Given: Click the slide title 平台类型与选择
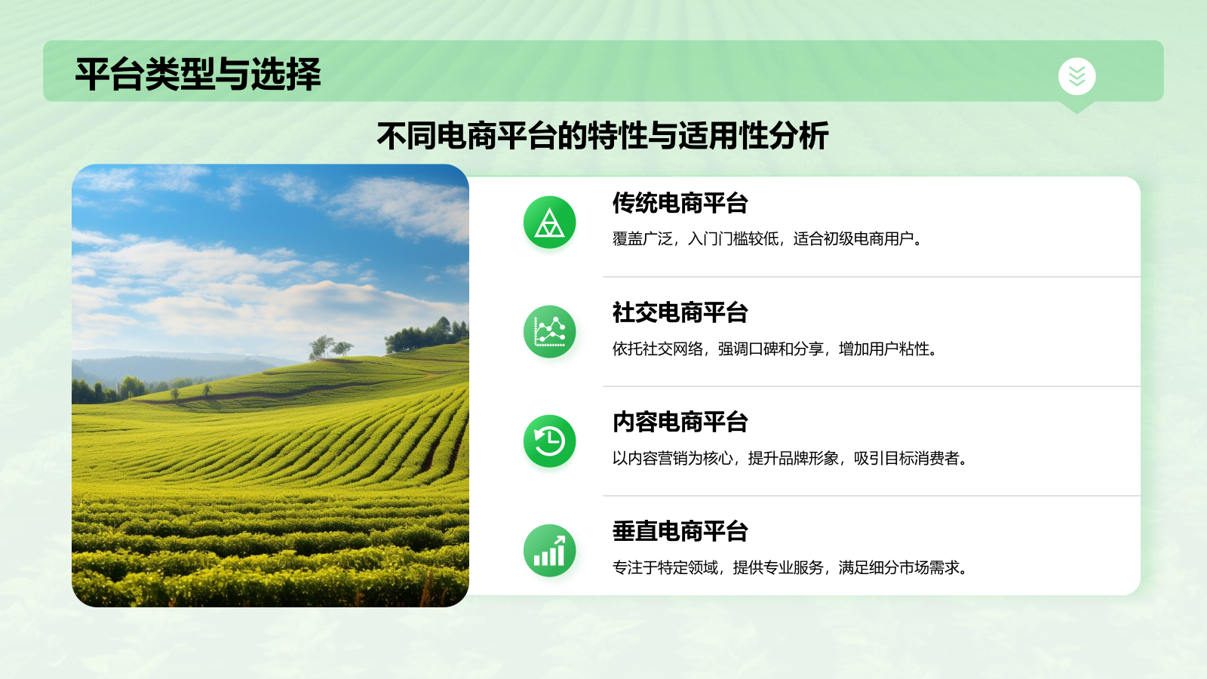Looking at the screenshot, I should pos(198,75).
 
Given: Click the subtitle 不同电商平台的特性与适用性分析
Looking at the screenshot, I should pos(603,137).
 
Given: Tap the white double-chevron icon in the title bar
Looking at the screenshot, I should pos(1076,76).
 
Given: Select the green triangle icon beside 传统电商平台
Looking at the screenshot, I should pos(549,223).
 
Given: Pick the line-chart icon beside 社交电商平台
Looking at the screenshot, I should pos(549,332).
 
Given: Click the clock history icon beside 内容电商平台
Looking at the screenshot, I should pos(549,441).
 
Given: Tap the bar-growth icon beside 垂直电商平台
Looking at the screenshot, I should pos(549,551).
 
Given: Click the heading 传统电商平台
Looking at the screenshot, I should pos(680,203).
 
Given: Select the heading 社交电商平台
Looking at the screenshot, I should pos(680,312).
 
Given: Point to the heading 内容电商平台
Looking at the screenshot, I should pos(680,422).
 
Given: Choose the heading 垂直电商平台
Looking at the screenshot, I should pos(680,531).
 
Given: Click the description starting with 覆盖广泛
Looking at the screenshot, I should pos(767,239).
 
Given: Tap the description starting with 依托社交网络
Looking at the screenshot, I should pos(775,349).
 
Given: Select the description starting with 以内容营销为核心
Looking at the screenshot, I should pos(790,458).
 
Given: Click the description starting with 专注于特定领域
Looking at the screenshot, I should pos(790,567).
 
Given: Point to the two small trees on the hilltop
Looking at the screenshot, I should pos(330,347).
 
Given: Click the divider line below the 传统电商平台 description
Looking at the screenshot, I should pos(871,277).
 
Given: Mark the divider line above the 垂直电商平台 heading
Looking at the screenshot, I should pos(871,496).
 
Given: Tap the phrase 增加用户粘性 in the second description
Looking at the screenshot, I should pos(888,349).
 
